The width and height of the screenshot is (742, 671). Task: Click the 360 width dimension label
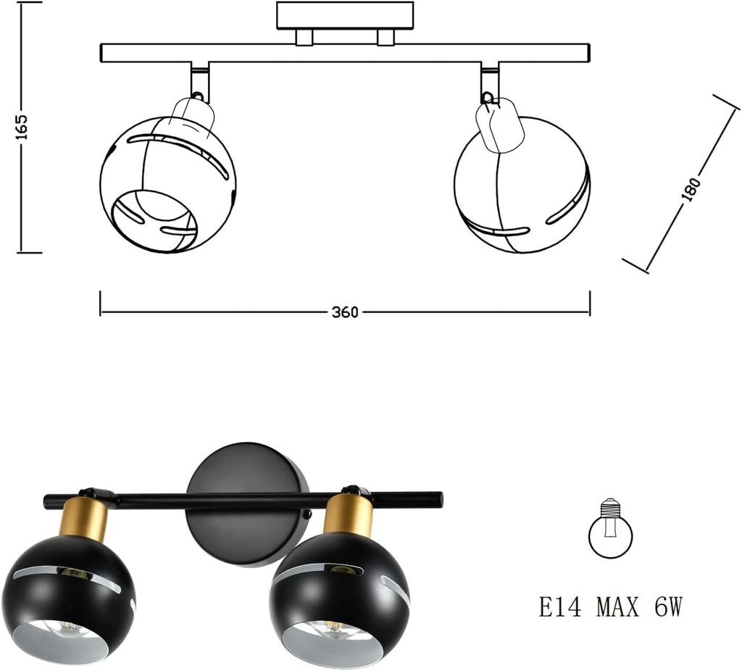[344, 313]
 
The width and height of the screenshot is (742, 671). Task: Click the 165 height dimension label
[22, 126]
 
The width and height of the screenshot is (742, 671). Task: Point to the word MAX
[617, 607]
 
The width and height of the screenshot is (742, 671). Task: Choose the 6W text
[669, 607]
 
